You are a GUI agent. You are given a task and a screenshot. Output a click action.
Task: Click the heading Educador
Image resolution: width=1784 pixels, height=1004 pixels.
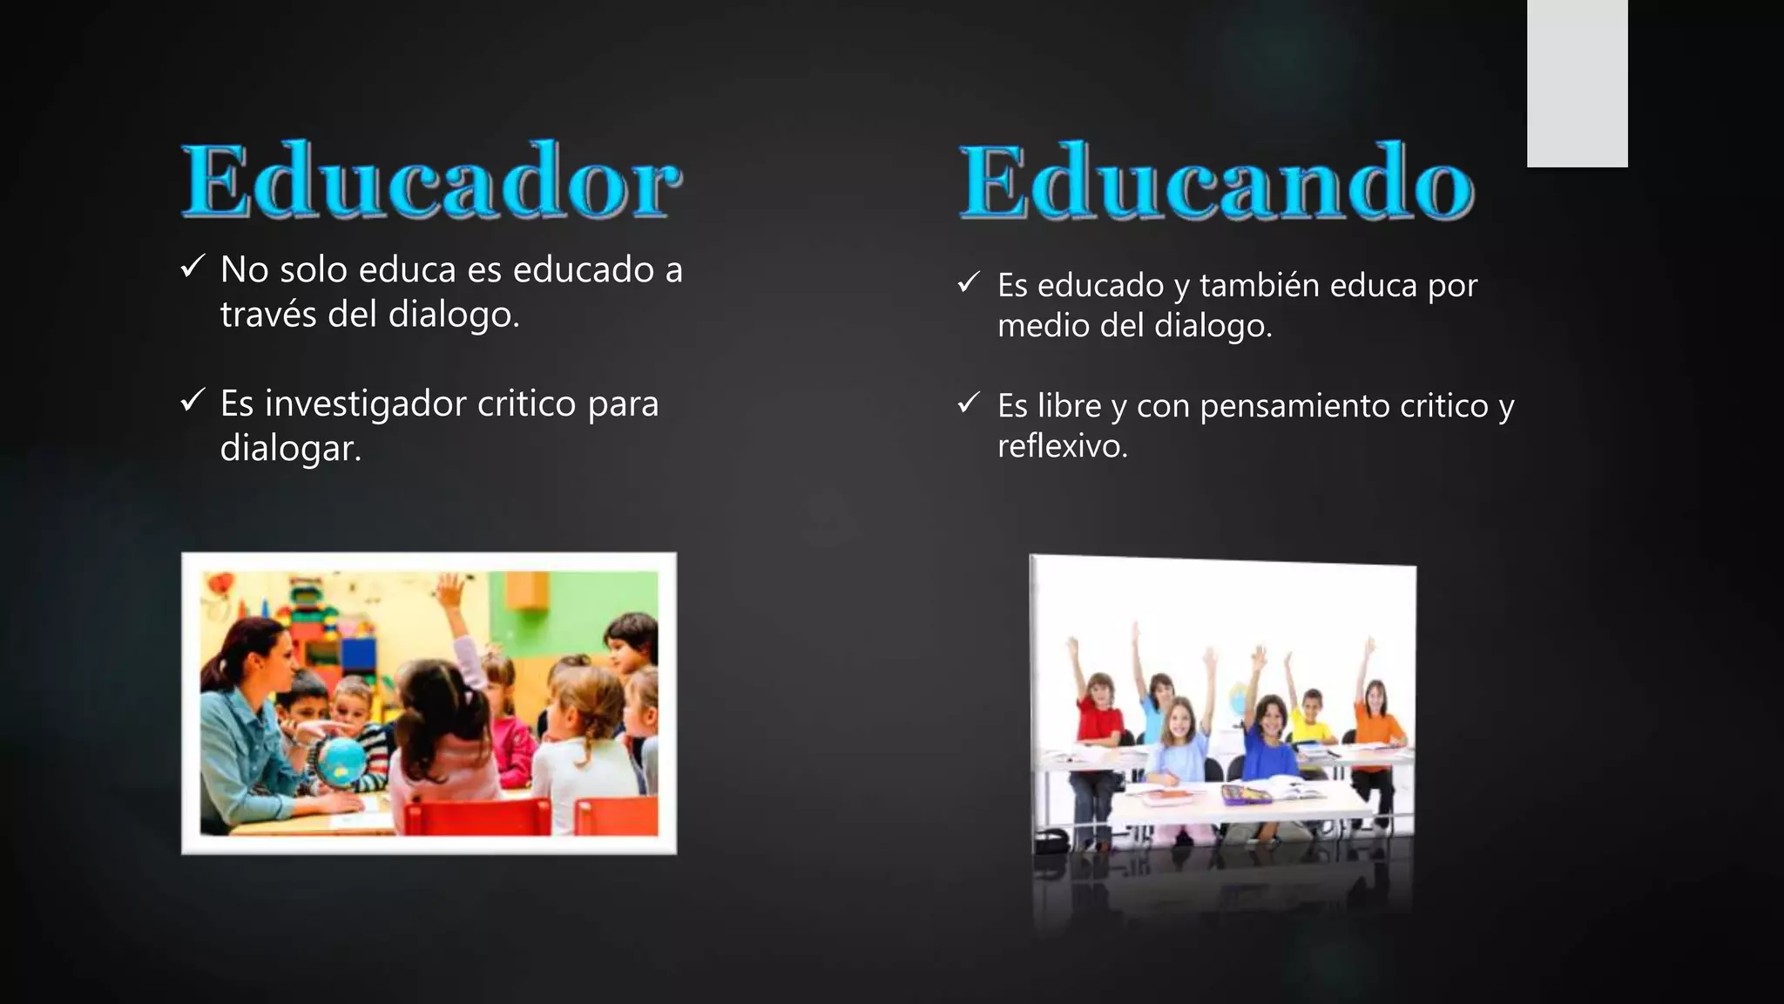pos(431,180)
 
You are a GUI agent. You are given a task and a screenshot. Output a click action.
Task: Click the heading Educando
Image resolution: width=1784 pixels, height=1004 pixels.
pos(1216,182)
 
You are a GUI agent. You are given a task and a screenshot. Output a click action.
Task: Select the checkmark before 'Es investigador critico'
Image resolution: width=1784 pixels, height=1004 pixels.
pos(193,400)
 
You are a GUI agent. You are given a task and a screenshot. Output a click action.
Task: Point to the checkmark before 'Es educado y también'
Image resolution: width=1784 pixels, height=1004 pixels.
pos(969,282)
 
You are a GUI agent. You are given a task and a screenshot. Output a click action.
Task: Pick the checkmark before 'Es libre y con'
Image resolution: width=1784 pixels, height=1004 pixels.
pos(969,403)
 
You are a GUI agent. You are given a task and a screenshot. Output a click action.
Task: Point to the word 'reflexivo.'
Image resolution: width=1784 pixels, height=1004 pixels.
pos(1062,446)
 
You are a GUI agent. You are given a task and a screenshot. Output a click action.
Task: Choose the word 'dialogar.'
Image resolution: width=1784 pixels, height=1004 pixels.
pos(290,449)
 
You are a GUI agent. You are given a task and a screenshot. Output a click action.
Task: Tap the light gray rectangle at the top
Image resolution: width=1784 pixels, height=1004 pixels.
pos(1577,83)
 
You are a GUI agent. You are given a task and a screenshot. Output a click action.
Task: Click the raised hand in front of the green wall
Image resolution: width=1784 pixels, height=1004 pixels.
pos(451,592)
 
